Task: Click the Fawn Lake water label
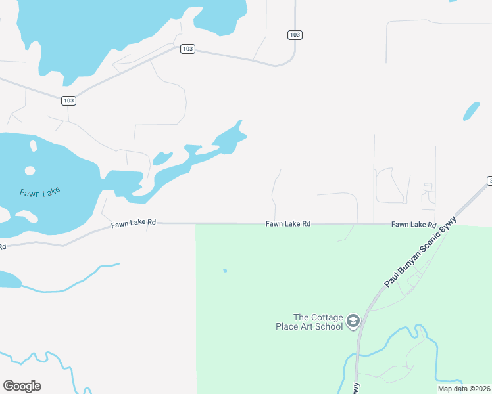40,192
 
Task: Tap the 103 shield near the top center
187,49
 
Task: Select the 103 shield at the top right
295,34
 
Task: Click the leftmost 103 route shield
68,100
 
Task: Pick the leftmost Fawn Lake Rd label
133,223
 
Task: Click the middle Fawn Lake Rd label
288,224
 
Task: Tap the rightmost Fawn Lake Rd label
414,225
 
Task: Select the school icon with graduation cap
353,320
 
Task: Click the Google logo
22,386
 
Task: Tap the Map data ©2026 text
463,389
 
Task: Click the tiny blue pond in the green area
225,270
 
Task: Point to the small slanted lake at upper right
472,111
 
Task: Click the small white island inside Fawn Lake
30,170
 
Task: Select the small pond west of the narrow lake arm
162,158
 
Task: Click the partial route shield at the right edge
489,181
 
